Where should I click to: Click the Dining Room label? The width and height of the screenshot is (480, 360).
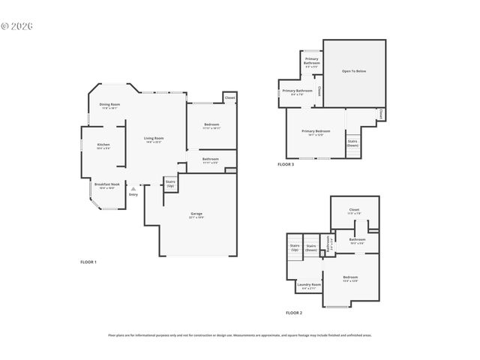coord(109,106)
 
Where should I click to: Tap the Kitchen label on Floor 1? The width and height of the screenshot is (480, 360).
coord(103,146)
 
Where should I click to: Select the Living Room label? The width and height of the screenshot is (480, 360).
coord(154,139)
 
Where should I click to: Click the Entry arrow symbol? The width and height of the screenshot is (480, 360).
coord(133,189)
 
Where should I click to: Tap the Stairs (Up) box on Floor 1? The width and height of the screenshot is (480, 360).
coord(170,183)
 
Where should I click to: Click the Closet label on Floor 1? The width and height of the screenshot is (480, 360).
coord(229,97)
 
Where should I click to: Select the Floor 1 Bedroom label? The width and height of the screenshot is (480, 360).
coord(211,126)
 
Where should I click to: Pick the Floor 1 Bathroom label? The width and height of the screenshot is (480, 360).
coord(210,160)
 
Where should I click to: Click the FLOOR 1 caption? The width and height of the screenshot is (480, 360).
coord(88,262)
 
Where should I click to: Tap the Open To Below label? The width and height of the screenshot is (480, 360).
coord(354,71)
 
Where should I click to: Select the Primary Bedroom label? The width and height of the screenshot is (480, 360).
coord(316,132)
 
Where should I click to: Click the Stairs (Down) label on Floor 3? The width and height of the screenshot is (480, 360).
coord(352,142)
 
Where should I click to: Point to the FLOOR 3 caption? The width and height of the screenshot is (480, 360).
coord(286,164)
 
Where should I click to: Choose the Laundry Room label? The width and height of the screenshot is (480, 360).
coord(308,286)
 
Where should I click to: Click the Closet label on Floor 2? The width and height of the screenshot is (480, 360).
coord(354,211)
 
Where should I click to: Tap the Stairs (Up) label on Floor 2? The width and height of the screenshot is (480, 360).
coord(294,247)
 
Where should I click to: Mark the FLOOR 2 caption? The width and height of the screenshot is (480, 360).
coord(294,312)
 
